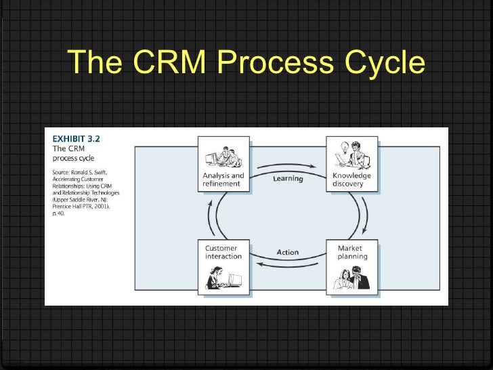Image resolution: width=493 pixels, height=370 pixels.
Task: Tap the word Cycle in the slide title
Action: (x=380, y=63)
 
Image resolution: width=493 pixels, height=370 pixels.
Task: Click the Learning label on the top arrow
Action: (x=288, y=179)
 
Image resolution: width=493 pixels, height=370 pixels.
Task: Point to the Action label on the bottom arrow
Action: (x=288, y=252)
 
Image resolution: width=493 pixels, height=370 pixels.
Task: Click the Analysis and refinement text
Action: (x=223, y=180)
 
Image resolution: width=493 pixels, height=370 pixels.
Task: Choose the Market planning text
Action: (x=353, y=252)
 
